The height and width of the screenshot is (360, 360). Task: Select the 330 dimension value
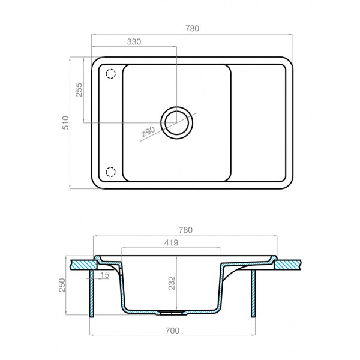click(134, 42)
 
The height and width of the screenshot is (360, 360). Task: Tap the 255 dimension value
click(79, 90)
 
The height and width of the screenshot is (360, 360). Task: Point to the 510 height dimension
click(67, 122)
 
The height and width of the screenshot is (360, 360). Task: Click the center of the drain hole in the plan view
click(177, 122)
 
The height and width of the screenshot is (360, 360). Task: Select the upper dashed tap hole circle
click(110, 74)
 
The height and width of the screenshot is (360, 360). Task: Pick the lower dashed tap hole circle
click(110, 172)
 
